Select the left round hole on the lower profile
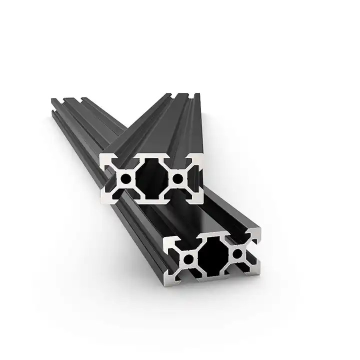point(189,258)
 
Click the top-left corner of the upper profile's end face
point(101,155)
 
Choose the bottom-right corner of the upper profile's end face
point(202,199)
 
